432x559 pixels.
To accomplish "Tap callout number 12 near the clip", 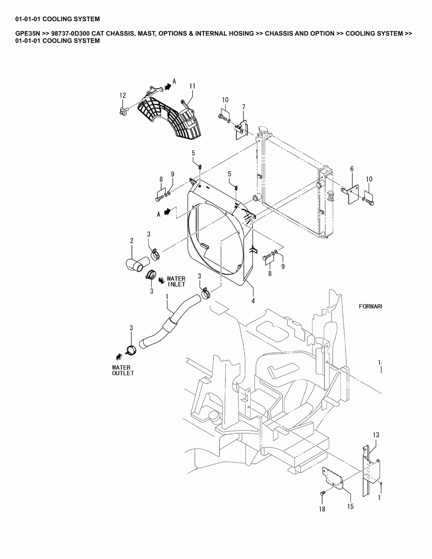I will tap(123, 95).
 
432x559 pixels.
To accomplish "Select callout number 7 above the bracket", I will tap(244, 107).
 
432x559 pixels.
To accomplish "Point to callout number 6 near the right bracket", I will tap(352, 169).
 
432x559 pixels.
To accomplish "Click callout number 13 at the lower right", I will tap(376, 435).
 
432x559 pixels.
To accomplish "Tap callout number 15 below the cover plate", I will tap(350, 506).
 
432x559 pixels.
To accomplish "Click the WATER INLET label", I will tap(176, 281).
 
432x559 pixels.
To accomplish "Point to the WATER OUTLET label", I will tap(123, 370).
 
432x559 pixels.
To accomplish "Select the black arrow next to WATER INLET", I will tap(161, 280).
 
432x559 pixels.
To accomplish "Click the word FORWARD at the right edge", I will tap(370, 306).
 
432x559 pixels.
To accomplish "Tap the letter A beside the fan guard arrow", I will tap(174, 81).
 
